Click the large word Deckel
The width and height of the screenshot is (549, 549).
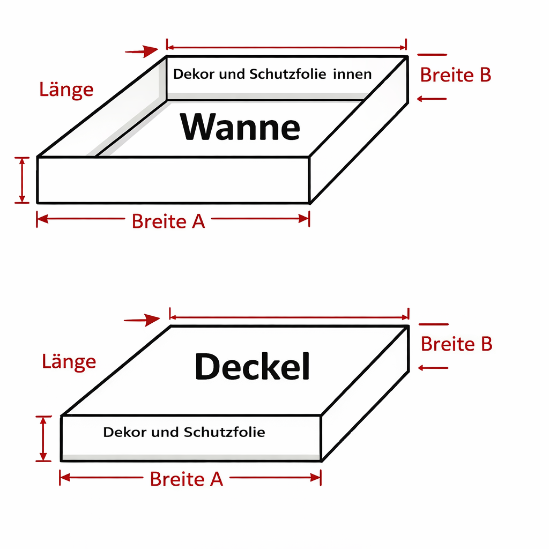tap(252, 367)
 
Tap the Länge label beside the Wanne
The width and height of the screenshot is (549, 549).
tap(66, 89)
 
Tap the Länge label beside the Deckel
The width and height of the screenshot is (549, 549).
tap(69, 361)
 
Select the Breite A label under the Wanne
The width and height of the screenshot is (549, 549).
tap(168, 221)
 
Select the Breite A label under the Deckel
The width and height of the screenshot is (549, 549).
tap(186, 479)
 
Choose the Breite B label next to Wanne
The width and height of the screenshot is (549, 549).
tap(455, 75)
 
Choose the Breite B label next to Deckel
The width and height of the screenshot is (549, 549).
tap(456, 344)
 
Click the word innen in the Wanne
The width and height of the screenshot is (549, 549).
tap(352, 74)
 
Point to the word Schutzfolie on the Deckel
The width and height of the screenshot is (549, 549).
tap(224, 432)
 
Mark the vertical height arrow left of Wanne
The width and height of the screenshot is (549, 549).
tap(22, 180)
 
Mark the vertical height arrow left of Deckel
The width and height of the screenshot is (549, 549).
tap(44, 438)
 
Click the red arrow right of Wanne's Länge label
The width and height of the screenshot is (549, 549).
tap(142, 51)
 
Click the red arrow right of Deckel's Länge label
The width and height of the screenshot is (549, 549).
tap(142, 320)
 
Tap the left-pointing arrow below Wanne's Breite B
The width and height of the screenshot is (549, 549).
tap(432, 99)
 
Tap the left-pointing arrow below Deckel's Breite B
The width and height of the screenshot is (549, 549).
tap(433, 367)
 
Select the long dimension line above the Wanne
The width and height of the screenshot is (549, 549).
tap(286, 47)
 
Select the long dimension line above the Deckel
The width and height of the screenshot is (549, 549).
tap(289, 317)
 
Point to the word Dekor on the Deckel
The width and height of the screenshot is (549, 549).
tap(125, 432)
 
